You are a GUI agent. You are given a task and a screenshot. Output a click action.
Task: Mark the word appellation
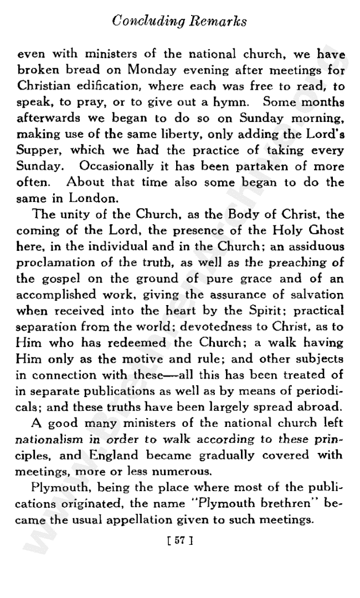click(158, 504)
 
